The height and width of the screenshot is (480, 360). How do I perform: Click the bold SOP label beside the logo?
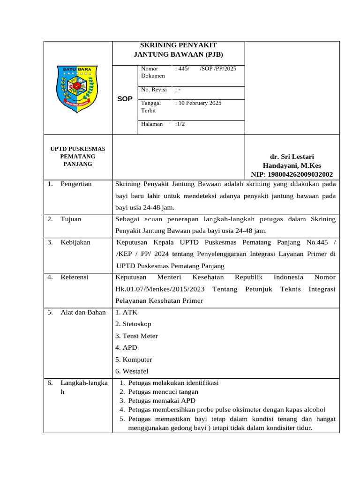point(125,99)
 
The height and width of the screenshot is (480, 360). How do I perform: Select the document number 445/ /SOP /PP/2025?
point(206,68)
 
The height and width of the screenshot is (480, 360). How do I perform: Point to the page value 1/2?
point(180,124)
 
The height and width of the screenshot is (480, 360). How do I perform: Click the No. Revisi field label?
point(152,90)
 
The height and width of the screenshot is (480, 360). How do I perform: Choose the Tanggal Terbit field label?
point(151,106)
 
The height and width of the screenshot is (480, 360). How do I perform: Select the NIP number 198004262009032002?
point(292,174)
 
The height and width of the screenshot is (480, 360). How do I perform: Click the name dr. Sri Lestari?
point(292,157)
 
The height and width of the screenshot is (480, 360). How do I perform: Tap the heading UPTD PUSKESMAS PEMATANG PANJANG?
point(78,157)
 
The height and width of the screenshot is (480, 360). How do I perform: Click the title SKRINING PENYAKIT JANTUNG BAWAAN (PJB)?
point(179,50)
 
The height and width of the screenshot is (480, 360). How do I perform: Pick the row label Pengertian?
point(76,184)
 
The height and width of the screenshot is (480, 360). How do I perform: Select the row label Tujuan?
point(71,219)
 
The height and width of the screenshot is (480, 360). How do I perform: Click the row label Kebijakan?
point(75,242)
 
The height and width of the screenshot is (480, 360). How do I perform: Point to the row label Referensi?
point(75,277)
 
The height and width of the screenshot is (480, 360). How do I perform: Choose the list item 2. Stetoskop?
point(133,324)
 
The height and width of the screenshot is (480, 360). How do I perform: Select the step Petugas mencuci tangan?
point(163,391)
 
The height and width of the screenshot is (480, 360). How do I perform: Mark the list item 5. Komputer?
point(134,360)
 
